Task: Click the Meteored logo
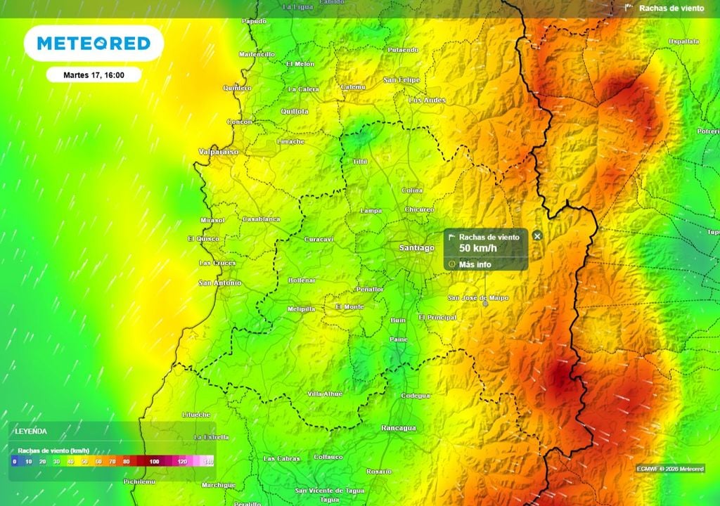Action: click(94, 44)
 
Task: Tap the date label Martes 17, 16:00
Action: click(94, 74)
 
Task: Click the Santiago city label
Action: click(416, 247)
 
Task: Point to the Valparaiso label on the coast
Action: click(218, 151)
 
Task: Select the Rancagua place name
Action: click(399, 427)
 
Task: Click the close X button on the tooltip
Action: click(537, 236)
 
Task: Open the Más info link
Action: click(475, 264)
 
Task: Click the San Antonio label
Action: click(219, 283)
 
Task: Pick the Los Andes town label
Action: click(427, 100)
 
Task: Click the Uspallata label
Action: click(683, 42)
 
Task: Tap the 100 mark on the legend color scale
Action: click(154, 461)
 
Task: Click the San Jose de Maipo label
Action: click(478, 298)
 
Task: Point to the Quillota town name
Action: click(294, 111)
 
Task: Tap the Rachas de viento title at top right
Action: click(671, 8)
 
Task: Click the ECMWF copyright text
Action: click(669, 468)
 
